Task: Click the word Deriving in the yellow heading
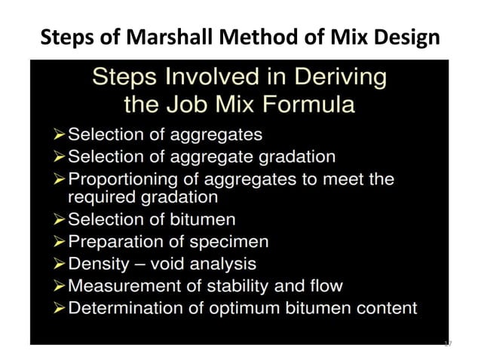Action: (339, 78)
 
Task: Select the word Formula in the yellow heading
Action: (299, 103)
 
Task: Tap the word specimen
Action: (234, 243)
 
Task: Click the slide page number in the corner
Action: (447, 344)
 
